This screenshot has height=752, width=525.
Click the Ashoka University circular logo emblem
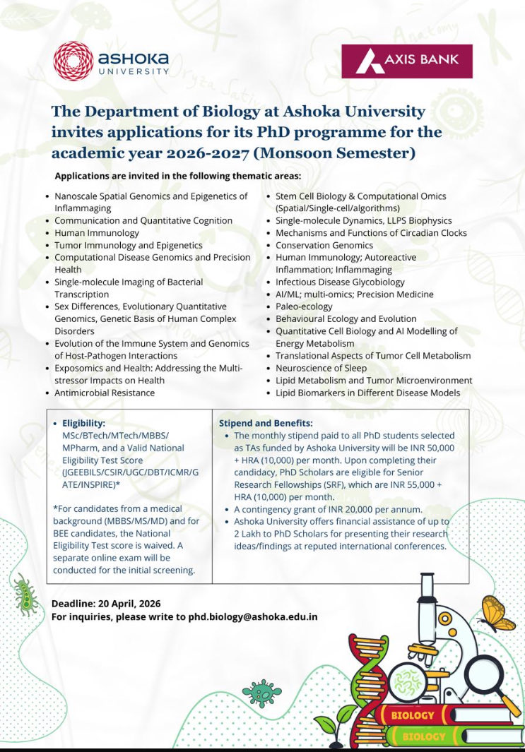pyautogui.click(x=73, y=60)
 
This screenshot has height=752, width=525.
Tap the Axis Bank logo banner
pyautogui.click(x=406, y=61)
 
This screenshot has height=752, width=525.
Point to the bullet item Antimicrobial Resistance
pyautogui.click(x=105, y=392)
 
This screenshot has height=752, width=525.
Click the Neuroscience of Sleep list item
pyautogui.click(x=321, y=368)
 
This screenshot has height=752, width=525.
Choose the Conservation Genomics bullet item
pyautogui.click(x=324, y=245)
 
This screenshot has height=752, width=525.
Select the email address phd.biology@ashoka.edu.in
pyautogui.click(x=252, y=616)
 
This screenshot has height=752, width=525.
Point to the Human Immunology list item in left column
pyautogui.click(x=97, y=233)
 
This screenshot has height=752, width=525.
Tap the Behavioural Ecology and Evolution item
pyautogui.click(x=346, y=318)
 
